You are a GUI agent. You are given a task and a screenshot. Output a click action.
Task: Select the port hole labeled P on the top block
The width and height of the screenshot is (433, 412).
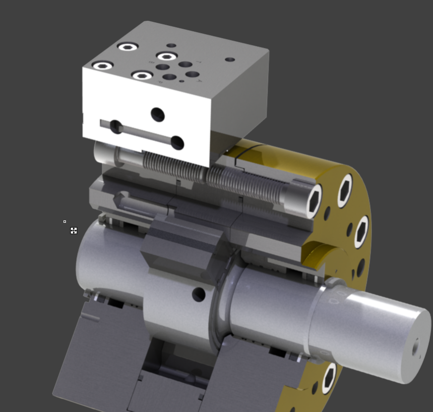[170, 77]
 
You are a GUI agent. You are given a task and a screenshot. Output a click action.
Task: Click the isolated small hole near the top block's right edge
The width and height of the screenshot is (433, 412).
[230, 59]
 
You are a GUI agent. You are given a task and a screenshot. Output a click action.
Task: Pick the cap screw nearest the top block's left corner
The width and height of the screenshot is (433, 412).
[103, 65]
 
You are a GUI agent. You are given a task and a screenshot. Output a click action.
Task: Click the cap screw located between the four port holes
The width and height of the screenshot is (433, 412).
[167, 56]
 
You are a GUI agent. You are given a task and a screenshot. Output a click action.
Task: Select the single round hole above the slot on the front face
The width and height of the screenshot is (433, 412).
[158, 115]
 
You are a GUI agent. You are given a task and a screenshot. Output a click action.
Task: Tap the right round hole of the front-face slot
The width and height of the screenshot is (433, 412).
[177, 143]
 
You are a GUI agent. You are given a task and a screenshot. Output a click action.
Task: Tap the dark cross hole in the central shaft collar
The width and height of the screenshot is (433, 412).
[198, 295]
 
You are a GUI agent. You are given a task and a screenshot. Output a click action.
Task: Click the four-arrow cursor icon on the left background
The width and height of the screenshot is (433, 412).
[74, 231]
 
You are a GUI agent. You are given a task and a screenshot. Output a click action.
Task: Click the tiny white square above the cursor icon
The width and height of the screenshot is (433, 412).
[64, 222]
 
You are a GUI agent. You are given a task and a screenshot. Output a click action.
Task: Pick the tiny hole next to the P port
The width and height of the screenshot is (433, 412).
[182, 81]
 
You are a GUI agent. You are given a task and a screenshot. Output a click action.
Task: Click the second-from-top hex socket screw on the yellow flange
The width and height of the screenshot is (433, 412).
[362, 232]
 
